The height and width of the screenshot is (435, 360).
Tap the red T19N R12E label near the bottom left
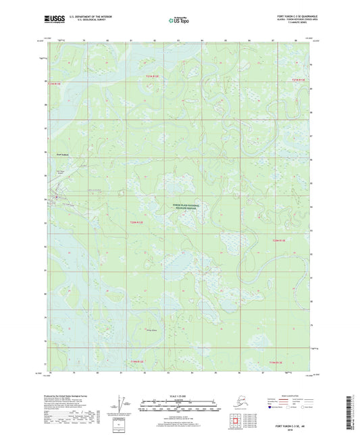138,362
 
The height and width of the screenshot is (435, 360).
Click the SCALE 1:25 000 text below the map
180,388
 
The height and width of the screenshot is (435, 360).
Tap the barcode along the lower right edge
353,406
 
